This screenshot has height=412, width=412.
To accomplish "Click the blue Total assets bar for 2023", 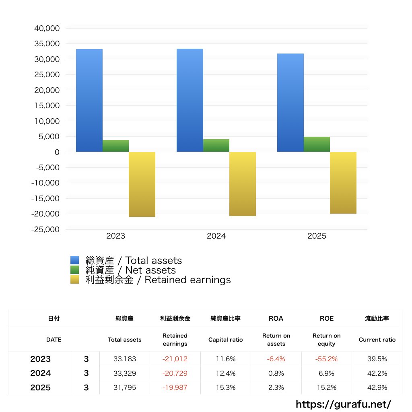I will click(x=89, y=101).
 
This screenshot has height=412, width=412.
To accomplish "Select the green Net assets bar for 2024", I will click(x=216, y=146).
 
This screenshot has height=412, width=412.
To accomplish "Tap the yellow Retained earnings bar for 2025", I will click(x=343, y=183).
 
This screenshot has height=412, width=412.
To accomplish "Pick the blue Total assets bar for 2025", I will click(x=290, y=103).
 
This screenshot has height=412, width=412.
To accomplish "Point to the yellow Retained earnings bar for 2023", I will click(x=142, y=184).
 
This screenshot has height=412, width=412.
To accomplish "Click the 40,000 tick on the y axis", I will click(x=47, y=29).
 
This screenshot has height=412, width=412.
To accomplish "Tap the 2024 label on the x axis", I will click(x=216, y=236).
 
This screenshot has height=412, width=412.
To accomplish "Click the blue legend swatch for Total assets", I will click(x=74, y=260).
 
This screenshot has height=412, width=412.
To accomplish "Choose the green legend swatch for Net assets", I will click(x=74, y=270).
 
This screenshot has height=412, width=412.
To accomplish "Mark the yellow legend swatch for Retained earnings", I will click(x=74, y=280).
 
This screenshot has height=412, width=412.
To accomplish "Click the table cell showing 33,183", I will click(x=124, y=359).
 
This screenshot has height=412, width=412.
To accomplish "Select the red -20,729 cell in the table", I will click(x=175, y=373).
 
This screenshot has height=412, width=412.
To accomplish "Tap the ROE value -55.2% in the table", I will click(x=326, y=359).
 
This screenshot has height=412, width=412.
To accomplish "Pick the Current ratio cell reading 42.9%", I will click(x=377, y=387).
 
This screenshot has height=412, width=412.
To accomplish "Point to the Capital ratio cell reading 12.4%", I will click(x=225, y=373).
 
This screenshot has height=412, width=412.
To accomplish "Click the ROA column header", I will click(x=276, y=318).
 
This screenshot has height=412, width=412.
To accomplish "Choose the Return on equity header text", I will click(x=326, y=340).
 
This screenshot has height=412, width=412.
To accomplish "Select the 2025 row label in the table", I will click(x=40, y=387).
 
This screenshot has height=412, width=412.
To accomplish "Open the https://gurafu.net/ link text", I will click(x=343, y=404).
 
